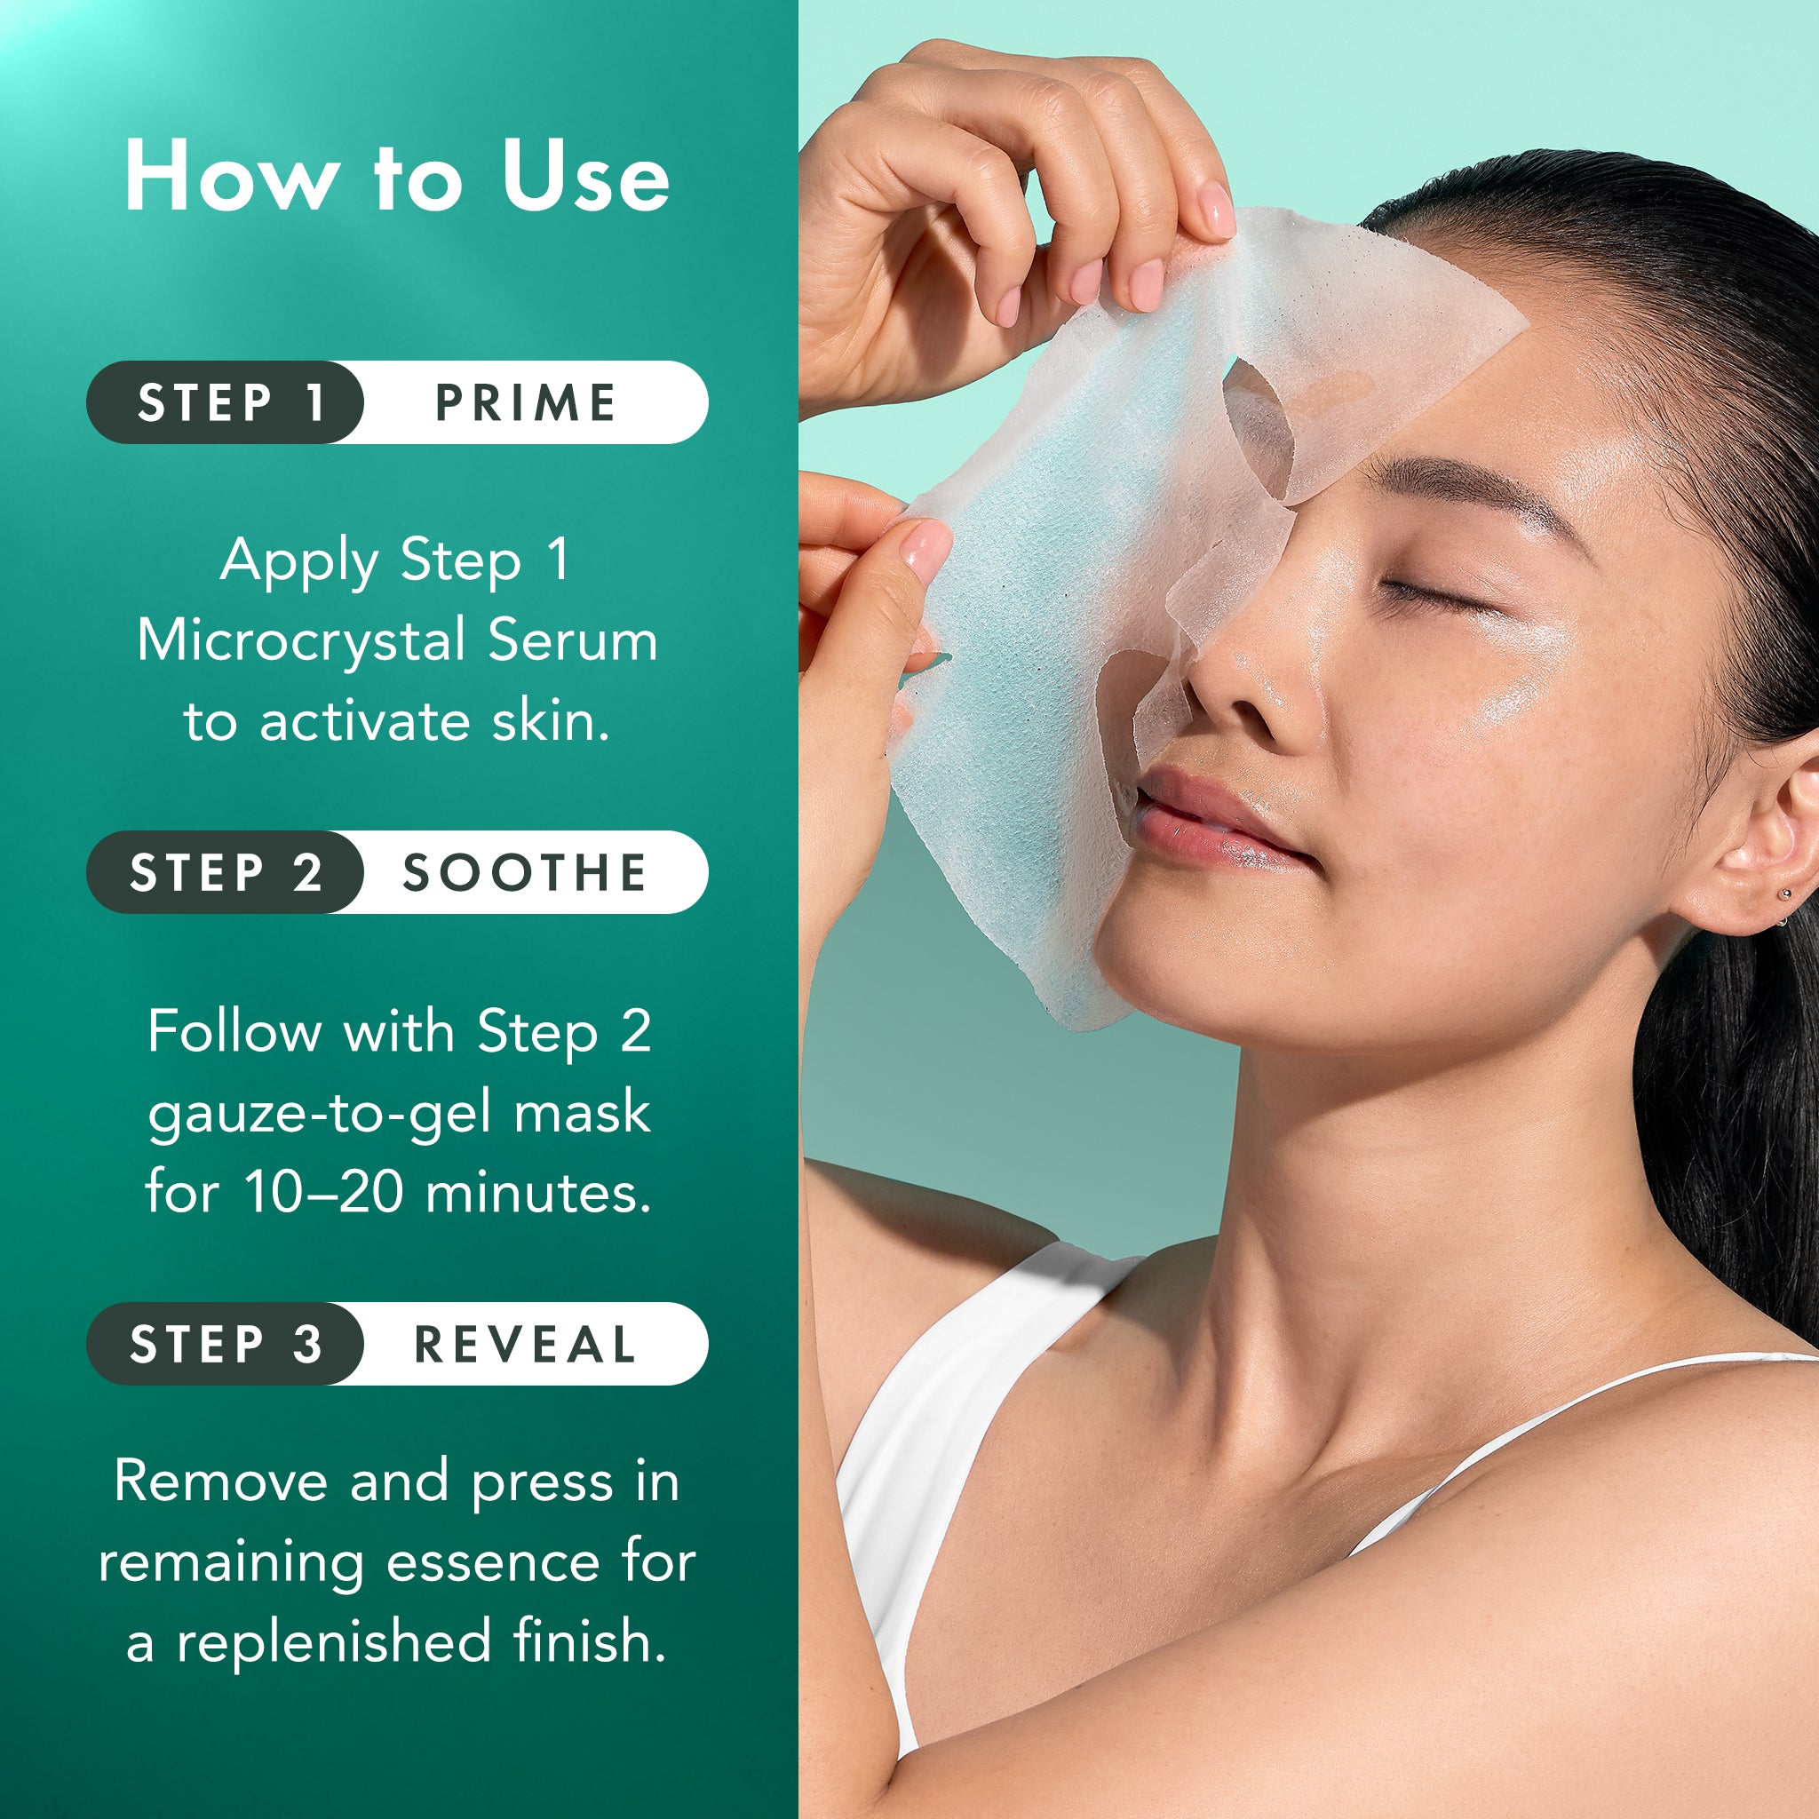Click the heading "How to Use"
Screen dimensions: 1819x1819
396,176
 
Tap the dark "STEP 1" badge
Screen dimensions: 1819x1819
226,403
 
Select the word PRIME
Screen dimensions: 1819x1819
526,403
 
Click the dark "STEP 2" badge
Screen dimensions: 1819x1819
226,873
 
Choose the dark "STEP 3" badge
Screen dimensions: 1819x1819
226,1344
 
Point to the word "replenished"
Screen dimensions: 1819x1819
334,1642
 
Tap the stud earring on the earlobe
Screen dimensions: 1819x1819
1783,894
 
